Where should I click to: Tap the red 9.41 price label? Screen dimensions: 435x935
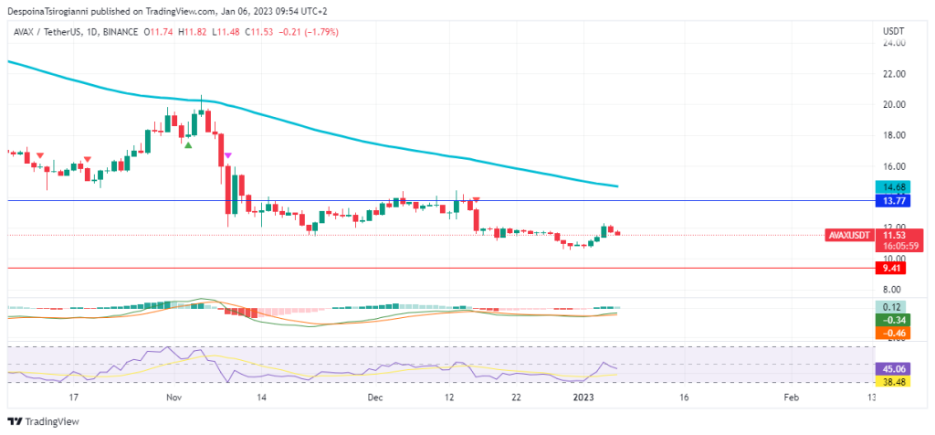pyautogui.click(x=889, y=268)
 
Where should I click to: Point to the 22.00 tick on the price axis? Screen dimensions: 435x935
pyautogui.click(x=893, y=73)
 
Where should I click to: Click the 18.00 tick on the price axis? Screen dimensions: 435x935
pyautogui.click(x=893, y=135)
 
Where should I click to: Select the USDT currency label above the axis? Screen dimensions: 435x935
pyautogui.click(x=893, y=31)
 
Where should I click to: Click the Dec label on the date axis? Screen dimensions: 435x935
pyautogui.click(x=375, y=398)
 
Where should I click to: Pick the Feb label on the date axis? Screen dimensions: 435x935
pyautogui.click(x=792, y=398)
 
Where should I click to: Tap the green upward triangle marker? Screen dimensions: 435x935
pyautogui.click(x=188, y=144)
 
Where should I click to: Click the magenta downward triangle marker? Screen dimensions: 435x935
pyautogui.click(x=228, y=156)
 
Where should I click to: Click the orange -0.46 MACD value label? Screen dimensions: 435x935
pyautogui.click(x=889, y=334)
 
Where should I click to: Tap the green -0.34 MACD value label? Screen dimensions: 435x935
pyautogui.click(x=889, y=320)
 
